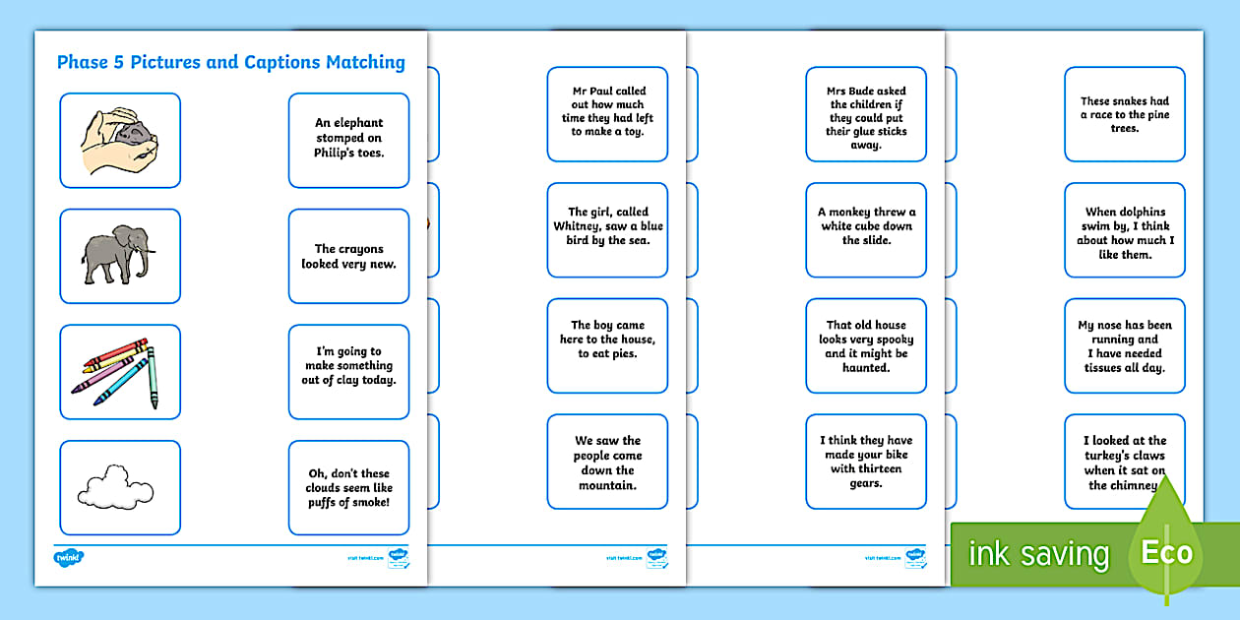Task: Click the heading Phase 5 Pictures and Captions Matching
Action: point(230,63)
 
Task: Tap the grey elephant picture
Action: point(119,254)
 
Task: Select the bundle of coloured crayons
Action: point(116,372)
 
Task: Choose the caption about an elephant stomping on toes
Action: point(348,139)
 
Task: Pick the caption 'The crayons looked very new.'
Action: point(348,256)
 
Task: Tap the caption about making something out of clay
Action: point(348,366)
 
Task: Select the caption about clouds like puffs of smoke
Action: point(348,487)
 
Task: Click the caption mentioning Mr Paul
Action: point(607,111)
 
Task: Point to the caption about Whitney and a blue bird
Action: point(607,226)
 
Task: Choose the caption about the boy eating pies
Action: point(607,340)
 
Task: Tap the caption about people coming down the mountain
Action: point(607,463)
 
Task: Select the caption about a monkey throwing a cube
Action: point(866,226)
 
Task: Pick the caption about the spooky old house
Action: point(866,346)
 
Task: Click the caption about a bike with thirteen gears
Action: point(866,462)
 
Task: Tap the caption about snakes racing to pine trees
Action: point(1124,114)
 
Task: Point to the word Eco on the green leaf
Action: point(1167,552)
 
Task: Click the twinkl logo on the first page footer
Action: point(69,558)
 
